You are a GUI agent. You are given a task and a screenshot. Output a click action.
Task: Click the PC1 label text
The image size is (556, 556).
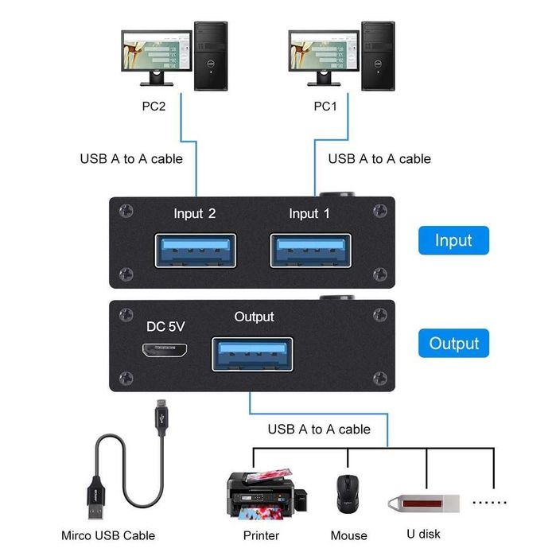tap(326, 106)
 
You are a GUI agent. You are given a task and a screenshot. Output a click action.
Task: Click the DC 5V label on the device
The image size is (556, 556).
tap(166, 326)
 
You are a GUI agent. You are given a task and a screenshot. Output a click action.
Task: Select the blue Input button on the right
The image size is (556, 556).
tap(453, 241)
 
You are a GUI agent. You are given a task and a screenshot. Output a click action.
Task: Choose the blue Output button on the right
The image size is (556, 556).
tap(454, 344)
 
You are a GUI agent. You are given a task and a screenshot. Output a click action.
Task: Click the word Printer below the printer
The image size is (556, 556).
tap(261, 535)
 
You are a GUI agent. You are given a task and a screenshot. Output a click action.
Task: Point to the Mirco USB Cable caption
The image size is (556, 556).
tap(108, 535)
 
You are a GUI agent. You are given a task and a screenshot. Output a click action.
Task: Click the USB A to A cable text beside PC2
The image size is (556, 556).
tap(131, 158)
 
